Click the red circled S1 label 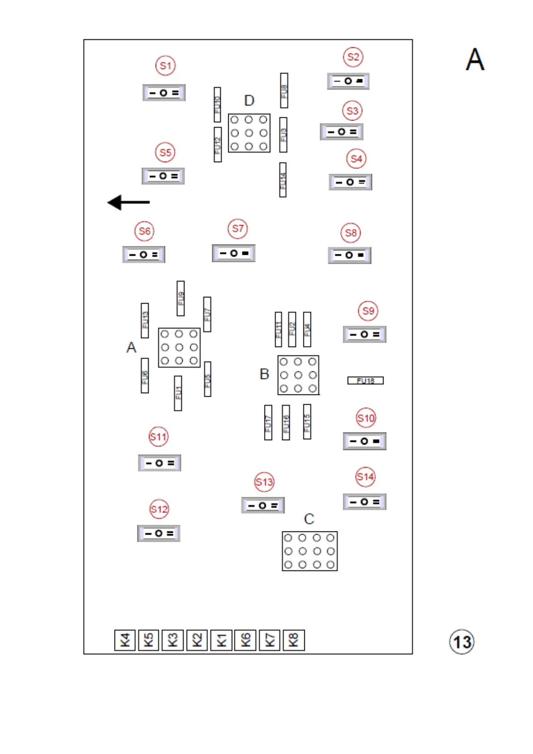point(165,66)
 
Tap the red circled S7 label point(238,229)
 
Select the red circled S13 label point(264,482)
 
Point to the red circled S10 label point(366,418)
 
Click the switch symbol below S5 point(163,176)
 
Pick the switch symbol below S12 point(159,533)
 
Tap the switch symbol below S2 point(348,81)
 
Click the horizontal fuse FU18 point(365,381)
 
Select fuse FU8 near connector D point(284,90)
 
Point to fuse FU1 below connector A point(178,393)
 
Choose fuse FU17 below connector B point(268,423)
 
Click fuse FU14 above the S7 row point(283,180)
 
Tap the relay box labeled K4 point(125,640)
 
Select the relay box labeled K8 point(294,640)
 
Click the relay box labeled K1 point(221,640)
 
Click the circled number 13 point(462,642)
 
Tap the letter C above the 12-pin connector point(309,519)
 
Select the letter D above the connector point(249,101)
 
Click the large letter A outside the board point(475,60)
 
